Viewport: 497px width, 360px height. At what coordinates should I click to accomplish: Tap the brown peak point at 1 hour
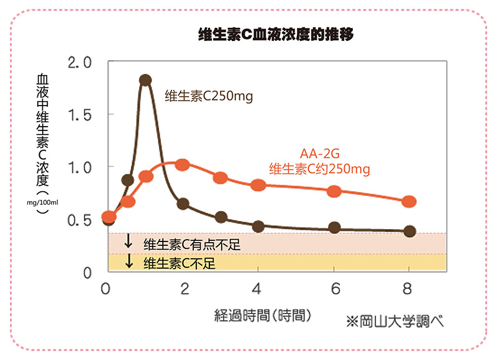[x=145, y=80]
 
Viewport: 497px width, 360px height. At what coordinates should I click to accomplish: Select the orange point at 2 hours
[x=182, y=164]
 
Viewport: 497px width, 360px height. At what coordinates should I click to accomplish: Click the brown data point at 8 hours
[x=409, y=231]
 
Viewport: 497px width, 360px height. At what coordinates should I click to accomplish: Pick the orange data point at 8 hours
[x=409, y=202]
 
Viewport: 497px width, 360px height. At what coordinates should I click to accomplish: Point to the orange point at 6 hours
[x=334, y=191]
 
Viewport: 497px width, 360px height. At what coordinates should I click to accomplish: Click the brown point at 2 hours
[x=183, y=204]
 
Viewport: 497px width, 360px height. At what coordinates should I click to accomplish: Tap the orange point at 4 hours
[x=258, y=185]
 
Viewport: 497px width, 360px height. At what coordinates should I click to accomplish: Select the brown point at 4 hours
[x=258, y=227]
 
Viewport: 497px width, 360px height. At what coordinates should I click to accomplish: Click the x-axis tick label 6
[x=334, y=289]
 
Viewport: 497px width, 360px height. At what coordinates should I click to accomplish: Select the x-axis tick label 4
[x=258, y=289]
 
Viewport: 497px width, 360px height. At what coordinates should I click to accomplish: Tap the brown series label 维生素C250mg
[x=209, y=96]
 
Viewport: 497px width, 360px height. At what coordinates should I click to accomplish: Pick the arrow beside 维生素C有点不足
[x=129, y=241]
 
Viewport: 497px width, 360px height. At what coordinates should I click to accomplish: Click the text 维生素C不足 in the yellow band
[x=179, y=263]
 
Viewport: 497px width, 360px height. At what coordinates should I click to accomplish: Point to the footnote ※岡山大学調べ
[x=396, y=322]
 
